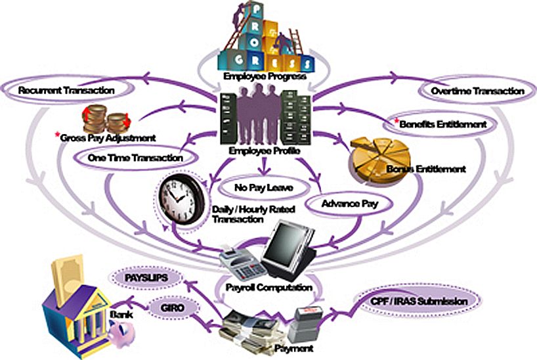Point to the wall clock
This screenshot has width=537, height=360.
tap(181, 196)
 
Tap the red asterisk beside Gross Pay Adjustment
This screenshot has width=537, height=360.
tap(57, 135)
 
